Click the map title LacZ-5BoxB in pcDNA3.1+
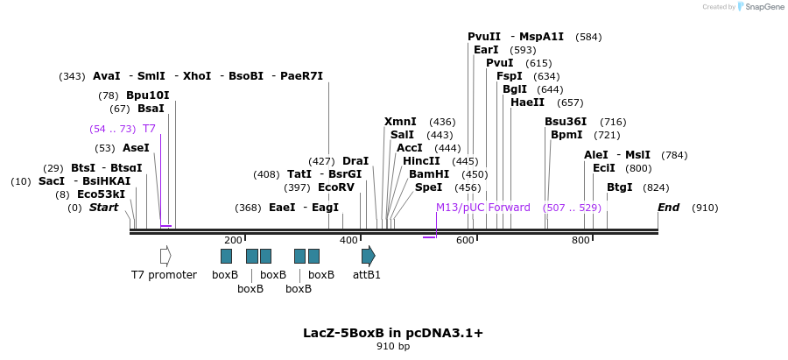click(x=393, y=333)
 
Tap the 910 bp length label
click(x=393, y=347)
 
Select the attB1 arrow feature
click(x=369, y=256)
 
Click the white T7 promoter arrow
click(x=165, y=256)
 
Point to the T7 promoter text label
click(x=164, y=275)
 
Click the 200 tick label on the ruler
click(x=233, y=240)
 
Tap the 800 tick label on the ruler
click(x=580, y=240)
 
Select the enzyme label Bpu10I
click(x=147, y=95)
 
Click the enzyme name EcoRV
click(x=336, y=187)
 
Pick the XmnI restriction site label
click(x=400, y=122)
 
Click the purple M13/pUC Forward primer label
click(x=483, y=208)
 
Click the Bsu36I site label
click(x=566, y=122)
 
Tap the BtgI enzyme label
click(x=620, y=187)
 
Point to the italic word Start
click(x=103, y=208)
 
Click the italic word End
click(x=668, y=208)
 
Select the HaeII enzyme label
click(x=528, y=102)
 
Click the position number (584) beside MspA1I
click(x=588, y=37)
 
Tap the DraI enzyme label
click(x=355, y=161)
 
